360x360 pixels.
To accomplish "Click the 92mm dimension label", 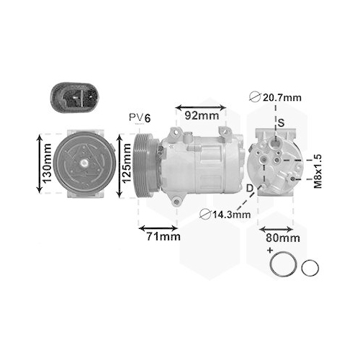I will click(200, 114).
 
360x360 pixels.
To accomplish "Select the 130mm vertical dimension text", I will click(45, 163).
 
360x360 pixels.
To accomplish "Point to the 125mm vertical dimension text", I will click(127, 164).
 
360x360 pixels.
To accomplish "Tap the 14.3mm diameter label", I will click(225, 213).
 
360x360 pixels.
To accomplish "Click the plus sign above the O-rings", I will click(271, 250).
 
